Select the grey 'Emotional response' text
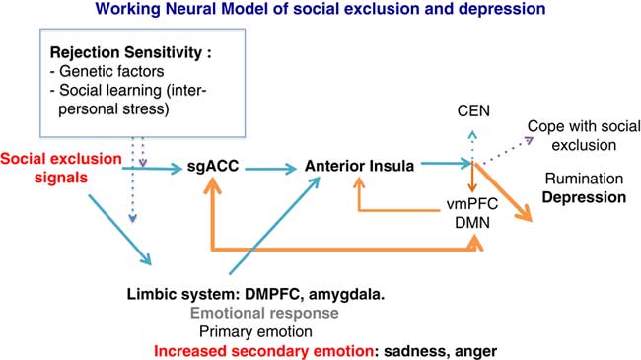coord(264,313)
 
